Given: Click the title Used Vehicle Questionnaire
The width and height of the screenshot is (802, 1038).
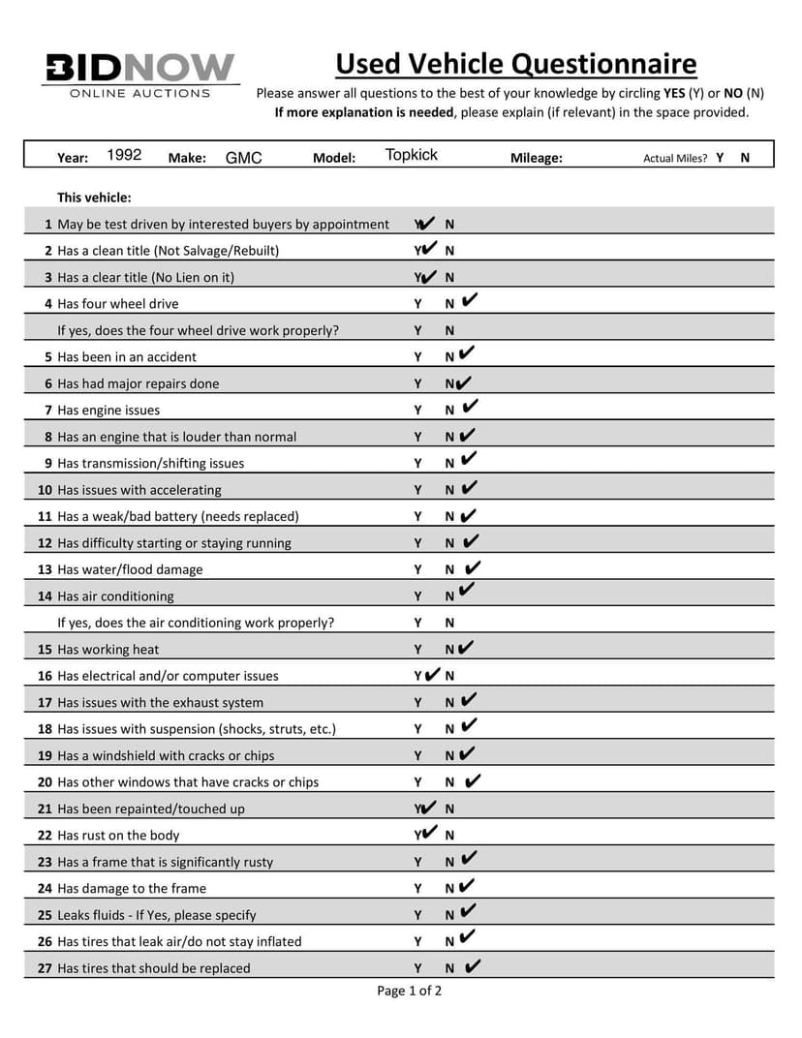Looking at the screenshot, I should click(515, 64).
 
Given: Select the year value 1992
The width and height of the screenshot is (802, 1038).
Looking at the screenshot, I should click(124, 155).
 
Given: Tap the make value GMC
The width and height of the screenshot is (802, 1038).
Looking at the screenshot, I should click(243, 158).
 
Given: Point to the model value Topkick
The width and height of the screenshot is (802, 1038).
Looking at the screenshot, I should click(411, 155).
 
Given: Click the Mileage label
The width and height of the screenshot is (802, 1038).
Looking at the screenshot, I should click(536, 158).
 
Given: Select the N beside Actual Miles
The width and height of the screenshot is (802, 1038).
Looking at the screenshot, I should click(745, 157).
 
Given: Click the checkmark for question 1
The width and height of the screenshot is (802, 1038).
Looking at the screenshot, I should click(425, 223).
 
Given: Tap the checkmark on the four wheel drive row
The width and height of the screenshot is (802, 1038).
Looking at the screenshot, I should click(470, 301).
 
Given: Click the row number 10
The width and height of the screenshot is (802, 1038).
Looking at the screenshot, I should click(45, 490).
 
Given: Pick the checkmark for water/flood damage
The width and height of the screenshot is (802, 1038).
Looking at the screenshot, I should click(473, 567).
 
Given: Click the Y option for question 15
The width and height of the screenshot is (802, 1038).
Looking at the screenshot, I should click(417, 650).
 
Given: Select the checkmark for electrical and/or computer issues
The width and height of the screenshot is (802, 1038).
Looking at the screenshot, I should click(432, 674).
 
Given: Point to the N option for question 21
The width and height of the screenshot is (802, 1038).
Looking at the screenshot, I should click(449, 809).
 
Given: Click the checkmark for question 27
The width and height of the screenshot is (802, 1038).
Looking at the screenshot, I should click(473, 965).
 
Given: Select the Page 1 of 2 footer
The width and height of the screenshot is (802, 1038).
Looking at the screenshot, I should click(409, 990).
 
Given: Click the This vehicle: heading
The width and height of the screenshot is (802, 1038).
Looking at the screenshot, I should click(94, 198).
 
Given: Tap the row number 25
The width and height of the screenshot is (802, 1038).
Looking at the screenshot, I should click(45, 915).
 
